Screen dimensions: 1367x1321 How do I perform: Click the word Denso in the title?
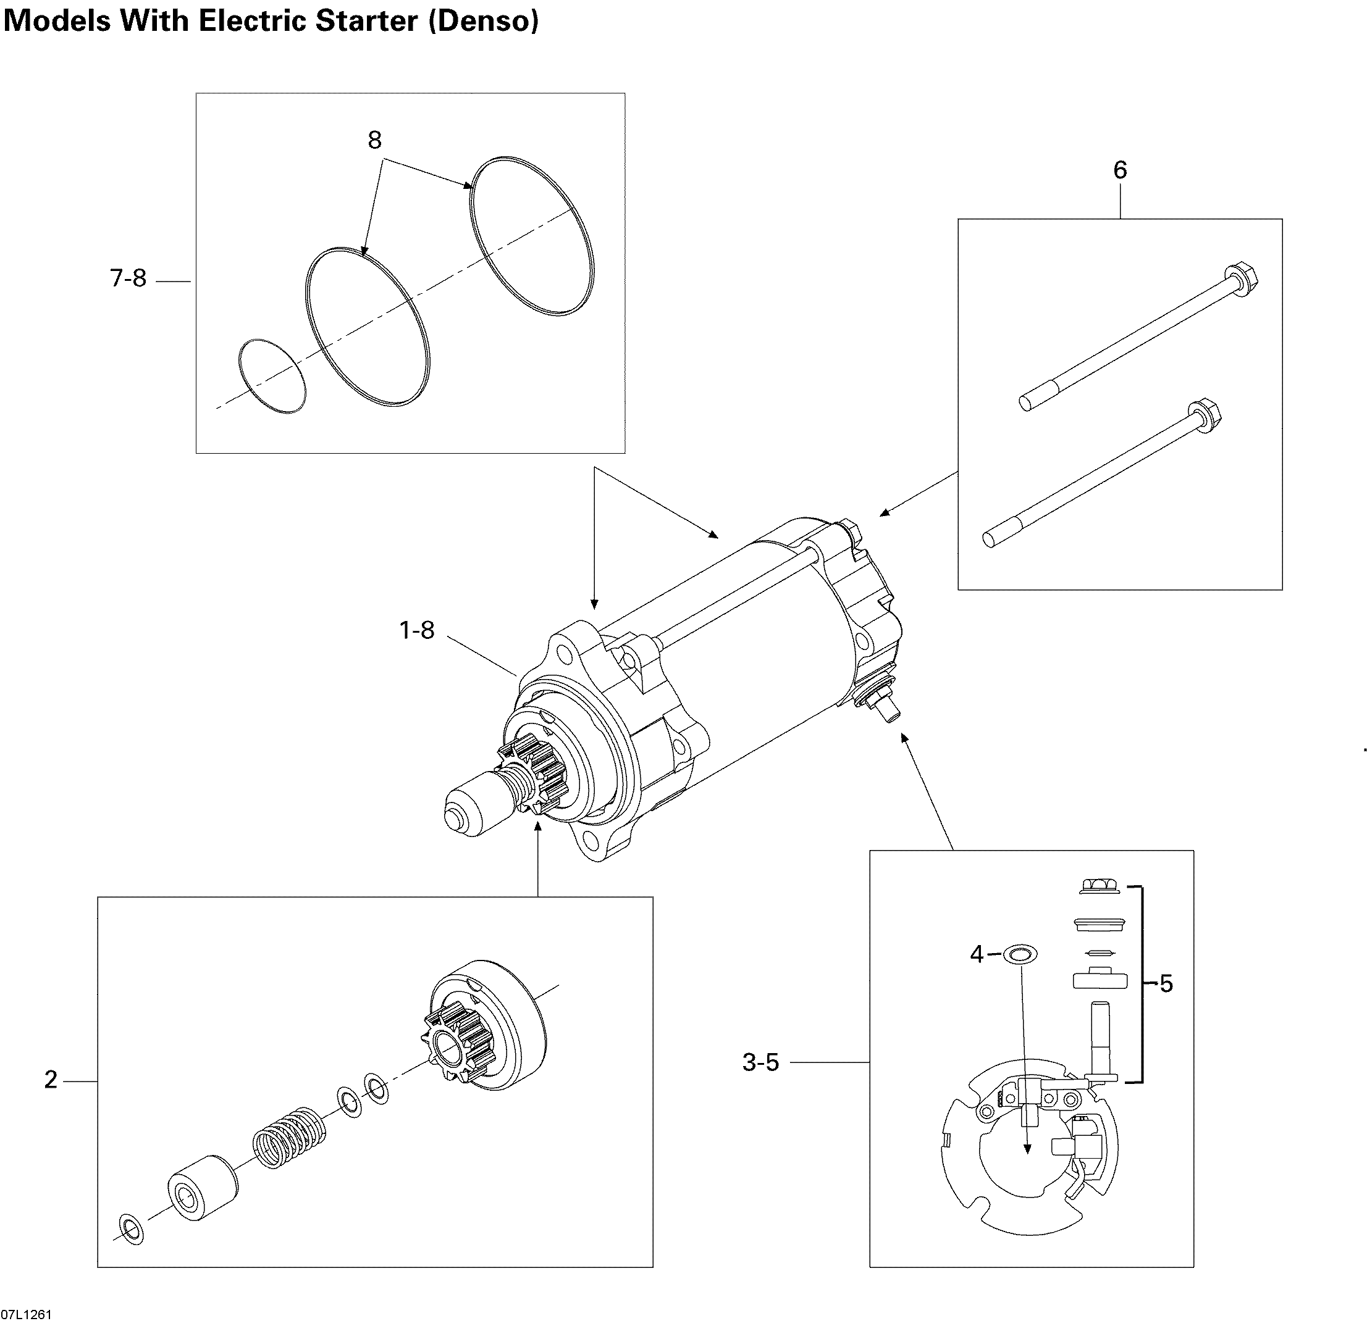click(x=483, y=21)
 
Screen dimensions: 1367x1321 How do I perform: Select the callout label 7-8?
click(x=128, y=279)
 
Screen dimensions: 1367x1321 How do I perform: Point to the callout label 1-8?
click(x=417, y=630)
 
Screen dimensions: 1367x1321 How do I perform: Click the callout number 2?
click(x=51, y=1080)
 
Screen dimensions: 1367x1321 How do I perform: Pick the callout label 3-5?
click(x=761, y=1062)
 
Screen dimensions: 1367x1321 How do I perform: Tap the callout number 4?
click(x=977, y=954)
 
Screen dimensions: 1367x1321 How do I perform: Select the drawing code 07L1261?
click(x=27, y=1314)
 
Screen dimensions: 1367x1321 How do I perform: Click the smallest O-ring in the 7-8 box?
click(x=272, y=377)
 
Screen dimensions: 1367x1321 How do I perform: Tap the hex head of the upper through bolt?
click(x=1242, y=279)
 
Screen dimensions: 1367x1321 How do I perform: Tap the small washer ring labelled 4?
click(x=1020, y=954)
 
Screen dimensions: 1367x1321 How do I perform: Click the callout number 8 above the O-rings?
click(x=374, y=140)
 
